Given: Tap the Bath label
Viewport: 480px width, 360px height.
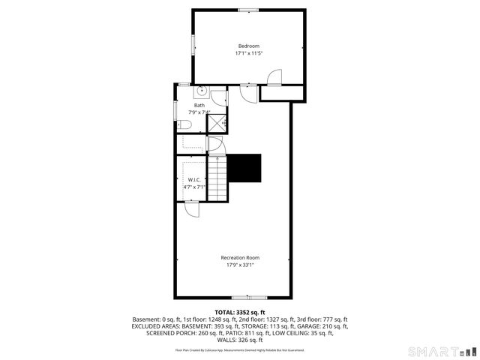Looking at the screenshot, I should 199,106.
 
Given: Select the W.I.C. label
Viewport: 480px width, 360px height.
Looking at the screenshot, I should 193,179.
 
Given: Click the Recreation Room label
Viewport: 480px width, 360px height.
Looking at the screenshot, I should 240,258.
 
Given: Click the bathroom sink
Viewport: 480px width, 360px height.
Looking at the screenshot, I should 202,91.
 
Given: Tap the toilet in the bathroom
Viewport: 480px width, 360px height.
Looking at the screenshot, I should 182,124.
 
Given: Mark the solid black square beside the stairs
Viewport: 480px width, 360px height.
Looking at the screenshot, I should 244,168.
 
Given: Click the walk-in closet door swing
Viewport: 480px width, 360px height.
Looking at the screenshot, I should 193,209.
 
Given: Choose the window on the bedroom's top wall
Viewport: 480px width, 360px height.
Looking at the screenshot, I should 248,10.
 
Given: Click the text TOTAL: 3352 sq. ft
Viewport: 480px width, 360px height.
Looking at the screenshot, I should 240,312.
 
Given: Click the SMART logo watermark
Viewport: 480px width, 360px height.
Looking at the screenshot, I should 441,351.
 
